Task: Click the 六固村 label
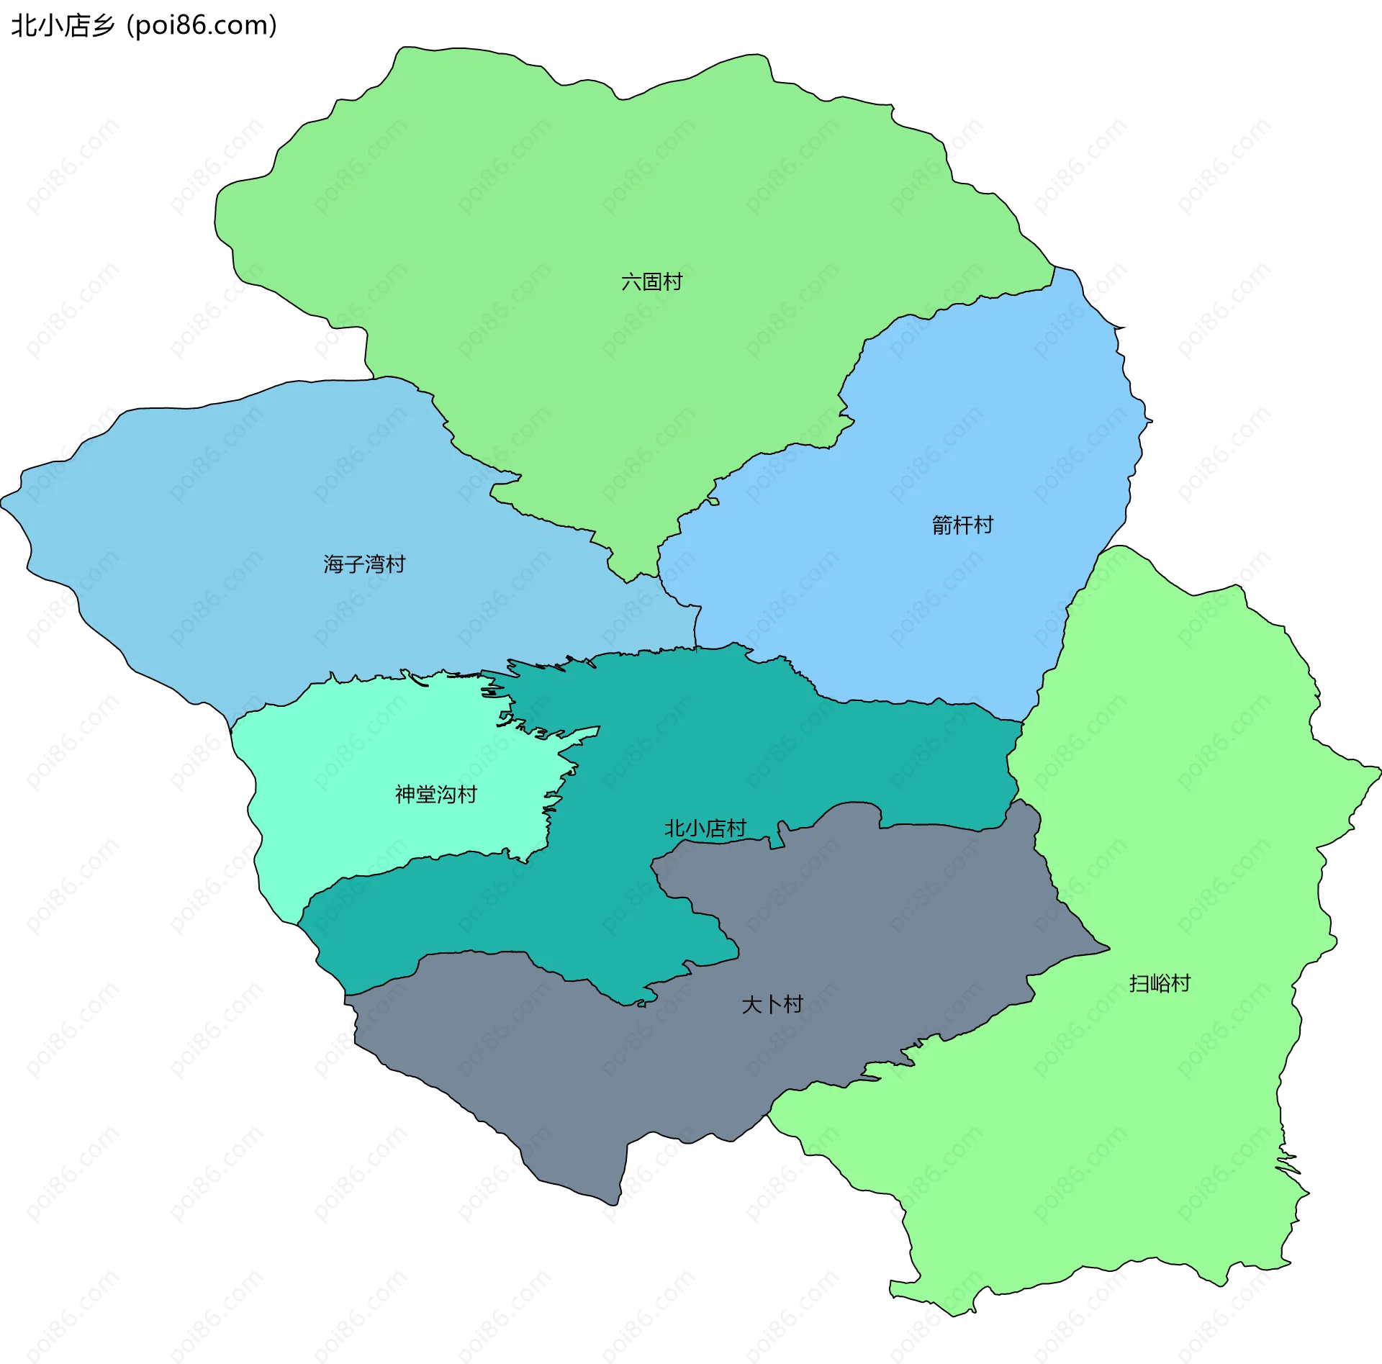tap(651, 281)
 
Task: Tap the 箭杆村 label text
tap(962, 525)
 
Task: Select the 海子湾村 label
tap(364, 564)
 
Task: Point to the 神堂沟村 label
tap(435, 794)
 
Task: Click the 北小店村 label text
tap(705, 828)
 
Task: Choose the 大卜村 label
tap(772, 1004)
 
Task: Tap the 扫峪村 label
tap(1159, 983)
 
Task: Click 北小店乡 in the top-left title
tap(63, 26)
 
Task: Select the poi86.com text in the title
tap(202, 26)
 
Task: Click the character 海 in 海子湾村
tap(333, 564)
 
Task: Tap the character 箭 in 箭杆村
tap(941, 525)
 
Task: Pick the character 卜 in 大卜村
tap(772, 1004)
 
